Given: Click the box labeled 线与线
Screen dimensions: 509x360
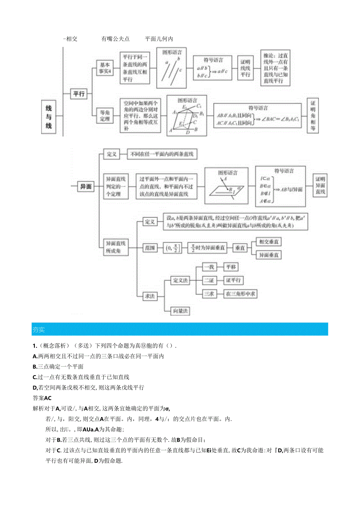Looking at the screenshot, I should (x=49, y=117).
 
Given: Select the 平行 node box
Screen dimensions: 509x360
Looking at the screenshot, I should (x=79, y=94).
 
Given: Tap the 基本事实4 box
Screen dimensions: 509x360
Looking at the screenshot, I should (x=104, y=68).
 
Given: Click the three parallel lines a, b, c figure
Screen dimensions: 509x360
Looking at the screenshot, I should (x=171, y=68).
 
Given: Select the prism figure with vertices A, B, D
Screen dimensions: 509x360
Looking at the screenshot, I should (x=187, y=115).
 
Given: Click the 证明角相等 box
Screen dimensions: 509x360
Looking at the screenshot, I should (x=312, y=116).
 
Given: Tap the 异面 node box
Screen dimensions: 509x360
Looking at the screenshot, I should (x=86, y=187).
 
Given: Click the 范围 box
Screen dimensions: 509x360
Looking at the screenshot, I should (x=149, y=248).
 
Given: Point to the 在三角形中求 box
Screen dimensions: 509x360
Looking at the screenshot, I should (x=240, y=293).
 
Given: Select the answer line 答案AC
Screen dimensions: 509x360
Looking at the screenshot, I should (x=42, y=398).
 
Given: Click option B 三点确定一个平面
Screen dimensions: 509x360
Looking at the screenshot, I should (x=58, y=367).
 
